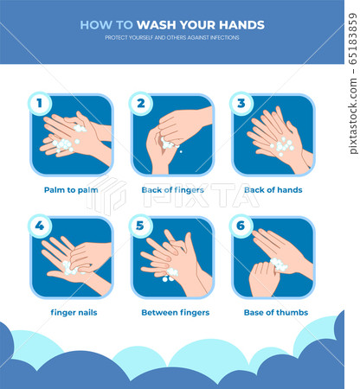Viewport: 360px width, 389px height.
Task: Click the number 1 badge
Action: coord(40,104)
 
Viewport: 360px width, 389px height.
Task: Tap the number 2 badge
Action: coord(141,104)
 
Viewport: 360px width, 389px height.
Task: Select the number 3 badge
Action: coord(241,104)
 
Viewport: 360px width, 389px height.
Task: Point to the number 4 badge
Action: coord(40,226)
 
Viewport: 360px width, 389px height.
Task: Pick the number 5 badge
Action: coord(141,226)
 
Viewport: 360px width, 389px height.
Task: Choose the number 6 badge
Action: coord(241,226)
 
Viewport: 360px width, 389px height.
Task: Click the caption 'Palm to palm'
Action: coord(71,190)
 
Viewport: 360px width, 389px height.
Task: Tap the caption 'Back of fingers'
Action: coord(172,190)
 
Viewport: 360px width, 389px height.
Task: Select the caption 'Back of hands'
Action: coord(273,190)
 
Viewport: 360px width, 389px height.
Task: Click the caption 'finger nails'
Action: coord(74,313)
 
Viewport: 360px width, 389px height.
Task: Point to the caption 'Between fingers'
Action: coord(176,313)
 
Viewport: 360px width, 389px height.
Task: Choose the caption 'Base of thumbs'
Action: coord(276,313)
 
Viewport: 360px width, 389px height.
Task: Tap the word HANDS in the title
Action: coord(241,25)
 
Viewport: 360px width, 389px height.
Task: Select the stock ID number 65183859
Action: coord(353,38)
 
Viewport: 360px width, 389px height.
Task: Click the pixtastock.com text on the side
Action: coord(353,116)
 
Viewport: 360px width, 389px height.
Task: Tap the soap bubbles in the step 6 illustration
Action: coord(279,265)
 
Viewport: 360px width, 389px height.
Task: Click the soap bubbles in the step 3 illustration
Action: coord(282,146)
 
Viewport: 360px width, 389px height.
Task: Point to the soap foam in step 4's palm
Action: coord(70,268)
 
